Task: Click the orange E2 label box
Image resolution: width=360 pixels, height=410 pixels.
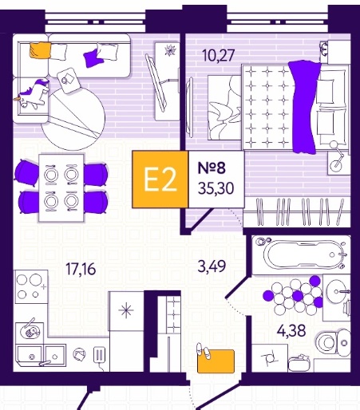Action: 160,179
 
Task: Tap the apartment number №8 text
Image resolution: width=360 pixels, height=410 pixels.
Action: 212,168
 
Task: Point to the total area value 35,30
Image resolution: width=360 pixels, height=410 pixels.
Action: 216,188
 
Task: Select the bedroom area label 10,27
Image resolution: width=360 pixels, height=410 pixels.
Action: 218,55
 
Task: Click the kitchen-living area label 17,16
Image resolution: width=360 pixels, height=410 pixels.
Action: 81,269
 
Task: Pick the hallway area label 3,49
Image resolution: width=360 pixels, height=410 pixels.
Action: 212,266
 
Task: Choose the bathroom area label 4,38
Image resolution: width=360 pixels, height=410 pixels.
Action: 291,331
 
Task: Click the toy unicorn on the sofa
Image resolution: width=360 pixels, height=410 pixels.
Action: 33,94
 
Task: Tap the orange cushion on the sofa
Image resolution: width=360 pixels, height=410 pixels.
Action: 40,50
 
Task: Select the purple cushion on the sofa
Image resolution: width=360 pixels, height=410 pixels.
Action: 93,58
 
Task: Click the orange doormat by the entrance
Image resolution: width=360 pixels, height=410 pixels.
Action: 216,361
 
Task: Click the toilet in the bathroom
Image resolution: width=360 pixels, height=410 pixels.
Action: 333,342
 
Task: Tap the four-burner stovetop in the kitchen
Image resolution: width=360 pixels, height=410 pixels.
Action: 31,286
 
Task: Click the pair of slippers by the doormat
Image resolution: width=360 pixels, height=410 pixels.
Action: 204,351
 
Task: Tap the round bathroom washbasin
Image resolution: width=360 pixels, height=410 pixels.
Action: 337,292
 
